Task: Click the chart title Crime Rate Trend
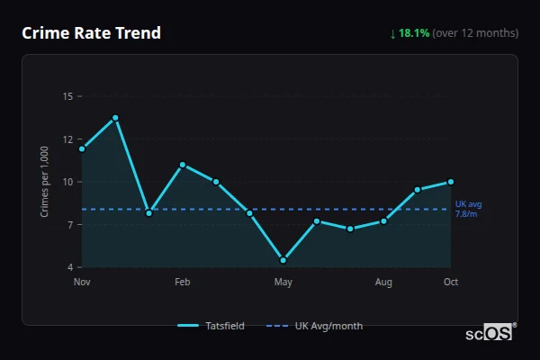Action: point(92,33)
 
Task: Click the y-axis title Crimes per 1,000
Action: point(45,182)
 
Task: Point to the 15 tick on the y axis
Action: point(68,96)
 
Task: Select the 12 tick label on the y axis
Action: point(68,139)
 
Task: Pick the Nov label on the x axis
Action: point(82,283)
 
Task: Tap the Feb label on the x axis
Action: point(182,283)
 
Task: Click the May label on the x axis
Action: point(283,283)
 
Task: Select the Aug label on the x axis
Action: point(383,283)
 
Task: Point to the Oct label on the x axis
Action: point(451,283)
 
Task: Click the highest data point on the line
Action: point(115,118)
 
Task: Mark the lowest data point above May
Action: point(283,260)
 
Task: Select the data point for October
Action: point(451,182)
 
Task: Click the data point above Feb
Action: point(183,165)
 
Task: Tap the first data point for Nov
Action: point(82,148)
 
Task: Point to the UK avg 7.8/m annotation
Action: point(466,209)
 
